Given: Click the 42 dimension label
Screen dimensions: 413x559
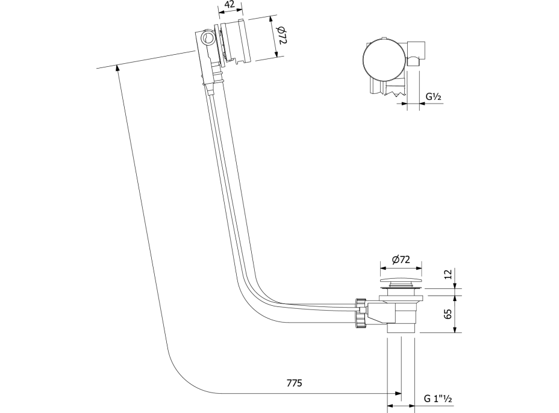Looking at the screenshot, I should point(229,5).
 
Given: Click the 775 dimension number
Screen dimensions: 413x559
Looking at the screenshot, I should point(294,383).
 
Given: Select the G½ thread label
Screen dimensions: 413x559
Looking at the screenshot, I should point(434,96).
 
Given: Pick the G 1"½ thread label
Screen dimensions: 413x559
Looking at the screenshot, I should point(438,399).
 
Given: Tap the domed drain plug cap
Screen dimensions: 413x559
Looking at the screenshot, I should point(401,281).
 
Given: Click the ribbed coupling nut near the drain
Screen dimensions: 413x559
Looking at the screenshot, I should point(361,313).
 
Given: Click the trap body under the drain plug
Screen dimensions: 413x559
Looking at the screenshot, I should point(400,313).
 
